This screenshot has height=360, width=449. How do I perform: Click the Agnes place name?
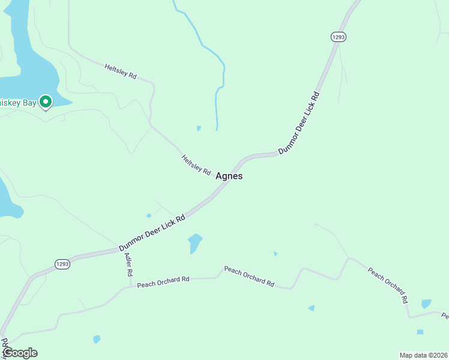(x=229, y=176)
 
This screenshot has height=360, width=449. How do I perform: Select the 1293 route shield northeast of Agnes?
(x=339, y=37)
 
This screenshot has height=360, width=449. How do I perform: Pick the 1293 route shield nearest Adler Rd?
(x=62, y=263)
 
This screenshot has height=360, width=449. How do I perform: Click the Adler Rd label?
(x=128, y=264)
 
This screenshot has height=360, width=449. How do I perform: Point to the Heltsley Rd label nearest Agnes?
(x=196, y=165)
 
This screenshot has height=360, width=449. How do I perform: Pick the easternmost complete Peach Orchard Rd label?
(x=388, y=284)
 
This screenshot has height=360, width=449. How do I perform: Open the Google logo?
(x=20, y=353)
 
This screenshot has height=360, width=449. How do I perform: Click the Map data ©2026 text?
(x=423, y=355)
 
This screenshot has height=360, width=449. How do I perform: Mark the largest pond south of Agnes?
(x=194, y=242)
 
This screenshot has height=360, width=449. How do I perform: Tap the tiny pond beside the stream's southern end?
(x=199, y=128)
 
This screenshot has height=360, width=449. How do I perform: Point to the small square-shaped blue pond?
(x=420, y=332)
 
